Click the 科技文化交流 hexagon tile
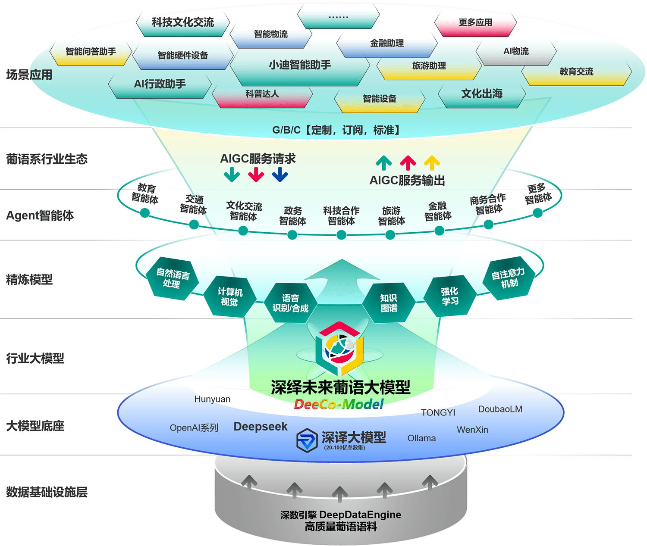183,23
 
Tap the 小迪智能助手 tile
300,66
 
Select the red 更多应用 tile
475,23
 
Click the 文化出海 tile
482,94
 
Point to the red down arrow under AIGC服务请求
256,175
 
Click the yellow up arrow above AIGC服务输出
432,163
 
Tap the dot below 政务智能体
292,235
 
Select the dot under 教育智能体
145,213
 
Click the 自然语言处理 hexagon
173,278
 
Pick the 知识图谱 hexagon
389,303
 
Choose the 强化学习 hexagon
450,296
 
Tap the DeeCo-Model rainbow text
339,404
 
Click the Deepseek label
260,427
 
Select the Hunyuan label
212,399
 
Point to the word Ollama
421,438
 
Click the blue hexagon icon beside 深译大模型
307,440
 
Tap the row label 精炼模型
29,280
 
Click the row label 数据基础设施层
47,492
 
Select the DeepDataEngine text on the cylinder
360,515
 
